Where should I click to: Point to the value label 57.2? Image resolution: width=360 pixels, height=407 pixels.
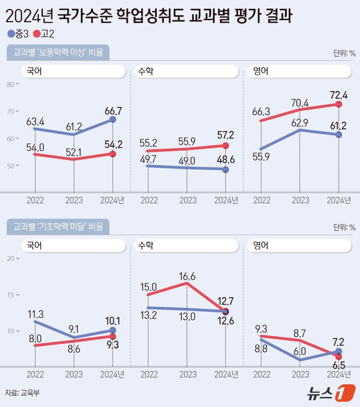pyautogui.click(x=225, y=136)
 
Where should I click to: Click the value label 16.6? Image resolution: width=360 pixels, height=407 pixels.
pyautogui.click(x=186, y=276)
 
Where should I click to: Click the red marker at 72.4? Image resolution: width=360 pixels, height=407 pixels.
pyautogui.click(x=339, y=105)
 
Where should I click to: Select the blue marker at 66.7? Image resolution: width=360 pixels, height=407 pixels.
pyautogui.click(x=113, y=120)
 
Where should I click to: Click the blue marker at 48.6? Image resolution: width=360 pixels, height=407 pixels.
pyautogui.click(x=226, y=170)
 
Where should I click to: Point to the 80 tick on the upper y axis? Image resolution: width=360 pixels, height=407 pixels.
pyautogui.click(x=11, y=84)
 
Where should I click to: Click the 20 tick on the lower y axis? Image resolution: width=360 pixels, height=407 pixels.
pyautogui.click(x=11, y=258)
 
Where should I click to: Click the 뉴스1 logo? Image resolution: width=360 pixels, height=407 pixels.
pyautogui.click(x=330, y=392)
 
